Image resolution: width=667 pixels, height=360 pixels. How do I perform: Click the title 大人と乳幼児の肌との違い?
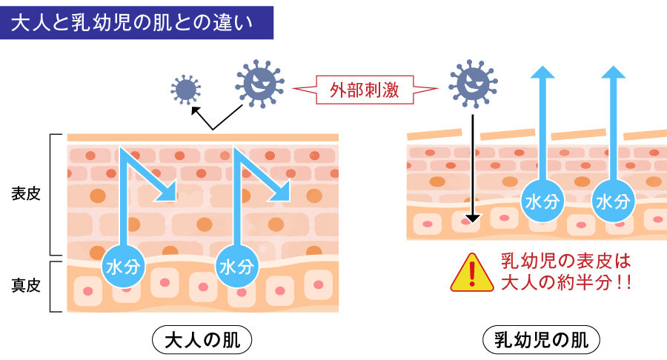tap(137, 23)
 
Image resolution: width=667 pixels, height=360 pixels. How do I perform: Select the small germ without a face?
tap(185, 90)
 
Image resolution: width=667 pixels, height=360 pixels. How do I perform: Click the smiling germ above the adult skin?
tap(259, 84)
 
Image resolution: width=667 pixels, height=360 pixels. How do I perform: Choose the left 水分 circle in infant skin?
tap(543, 201)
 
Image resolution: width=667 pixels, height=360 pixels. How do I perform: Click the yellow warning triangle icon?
tap(471, 273)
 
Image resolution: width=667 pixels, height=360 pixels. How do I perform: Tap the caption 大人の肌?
tap(202, 340)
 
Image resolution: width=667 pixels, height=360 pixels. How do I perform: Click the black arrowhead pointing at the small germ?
tap(195, 110)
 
